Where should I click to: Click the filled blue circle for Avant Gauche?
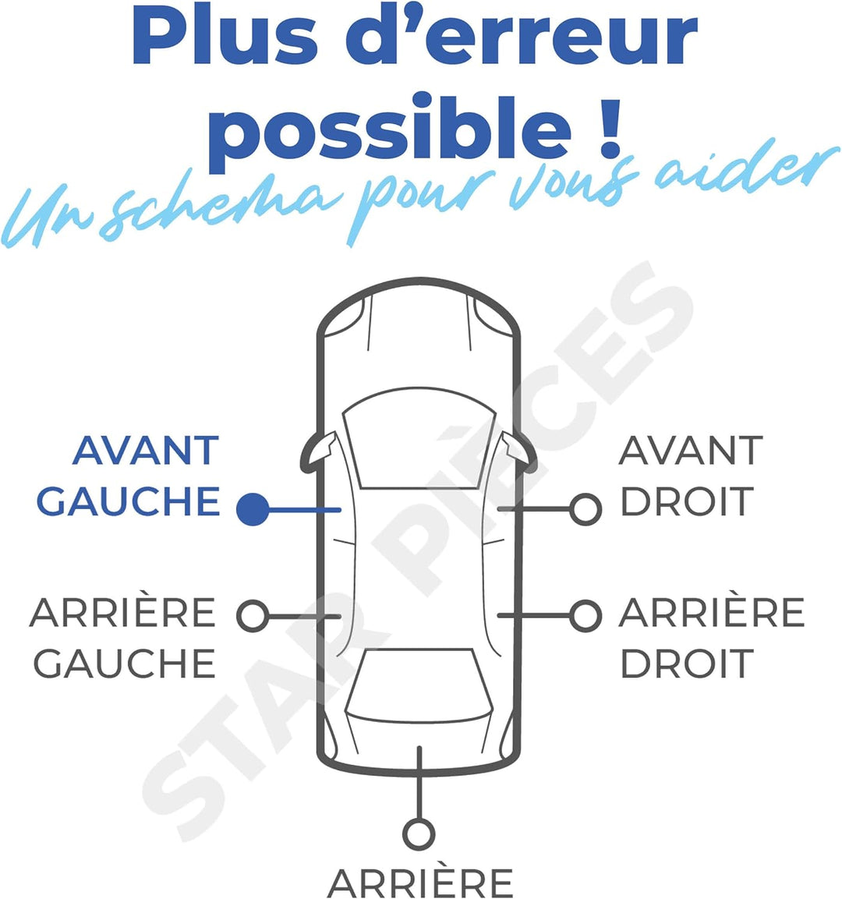pyautogui.click(x=253, y=509)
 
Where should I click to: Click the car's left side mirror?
pyautogui.click(x=318, y=453)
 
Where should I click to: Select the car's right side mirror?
pyautogui.click(x=519, y=453)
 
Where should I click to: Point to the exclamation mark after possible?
pyautogui.click(x=610, y=129)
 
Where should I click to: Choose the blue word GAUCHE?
pyautogui.click(x=129, y=501)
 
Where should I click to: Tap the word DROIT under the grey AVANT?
pyautogui.click(x=687, y=501)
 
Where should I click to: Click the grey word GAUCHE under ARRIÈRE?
pyautogui.click(x=125, y=664)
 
